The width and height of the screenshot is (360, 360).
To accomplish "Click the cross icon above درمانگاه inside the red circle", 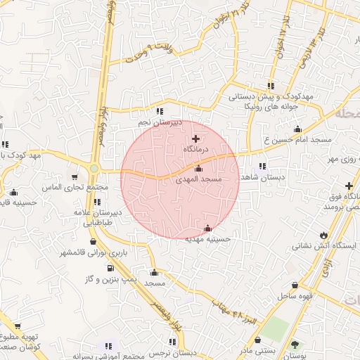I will point(195,139).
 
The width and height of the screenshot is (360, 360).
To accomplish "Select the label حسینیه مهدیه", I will point(207,239).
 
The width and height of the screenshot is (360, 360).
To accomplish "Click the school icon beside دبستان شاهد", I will point(262,167).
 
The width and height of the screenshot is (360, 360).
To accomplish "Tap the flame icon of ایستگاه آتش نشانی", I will point(323,235).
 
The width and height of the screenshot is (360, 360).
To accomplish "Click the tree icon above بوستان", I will point(295,345).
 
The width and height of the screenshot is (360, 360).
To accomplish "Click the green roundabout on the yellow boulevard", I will point(94,169).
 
